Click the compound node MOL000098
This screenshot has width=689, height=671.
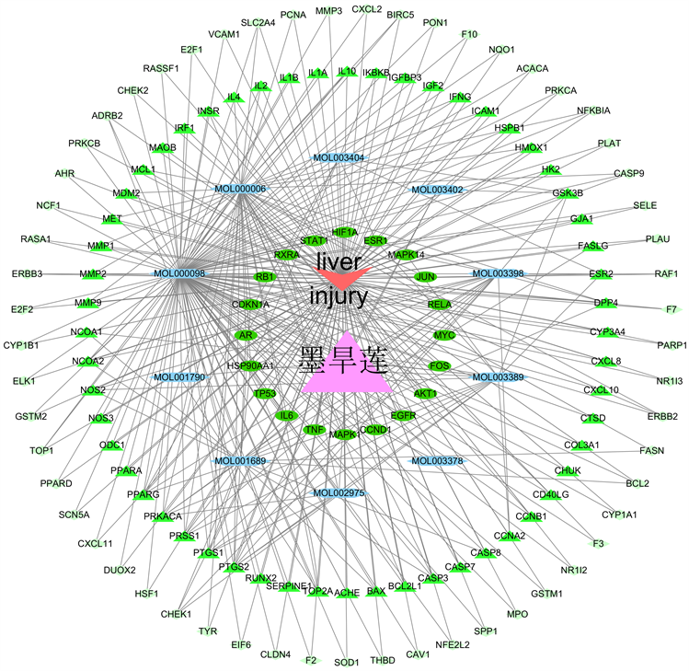(179, 273)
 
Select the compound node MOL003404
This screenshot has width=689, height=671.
(339, 158)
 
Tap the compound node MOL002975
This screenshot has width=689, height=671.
(339, 493)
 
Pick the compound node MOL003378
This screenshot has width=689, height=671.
(437, 460)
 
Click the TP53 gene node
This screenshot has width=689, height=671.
(265, 394)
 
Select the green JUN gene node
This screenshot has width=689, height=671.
(425, 276)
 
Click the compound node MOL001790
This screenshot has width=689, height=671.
(179, 377)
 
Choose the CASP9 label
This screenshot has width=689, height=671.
(629, 173)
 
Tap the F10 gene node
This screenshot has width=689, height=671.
(470, 35)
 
